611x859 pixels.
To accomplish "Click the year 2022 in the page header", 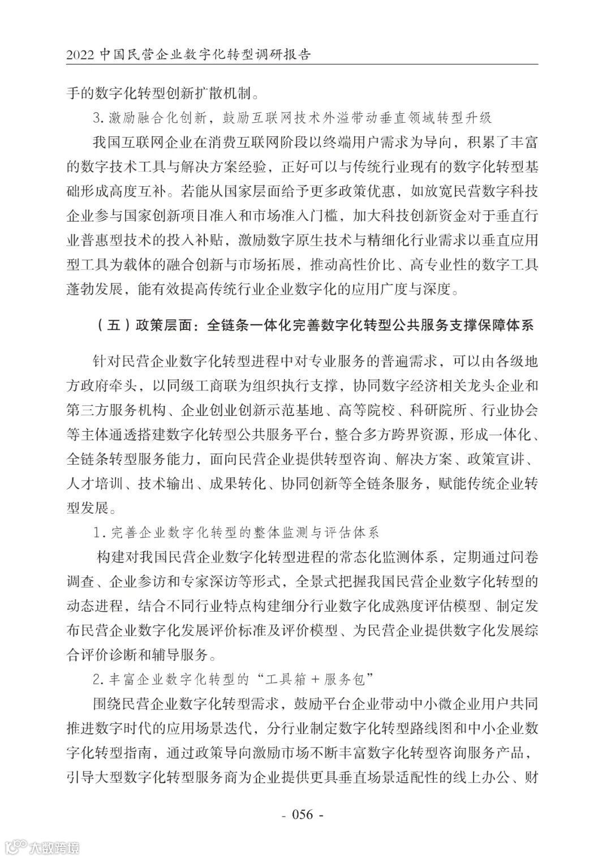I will [x=81, y=55].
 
